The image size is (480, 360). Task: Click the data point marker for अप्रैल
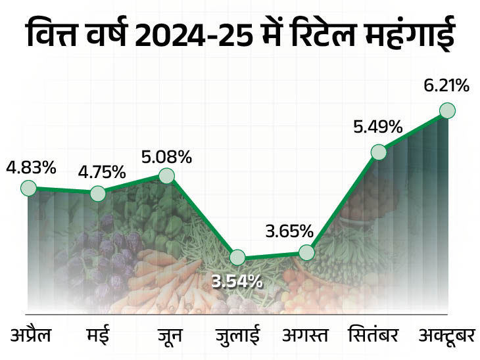pos(28,189)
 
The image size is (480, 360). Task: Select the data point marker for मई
pos(97,193)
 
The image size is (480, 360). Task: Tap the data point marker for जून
pos(167,176)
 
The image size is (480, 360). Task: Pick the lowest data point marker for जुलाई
pos(237,258)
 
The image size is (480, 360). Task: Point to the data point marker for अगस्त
pos(306,252)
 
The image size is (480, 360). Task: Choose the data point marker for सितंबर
pos(378,152)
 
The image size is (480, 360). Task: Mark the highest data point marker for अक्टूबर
pos(448,110)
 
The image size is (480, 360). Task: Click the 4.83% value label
pos(30,168)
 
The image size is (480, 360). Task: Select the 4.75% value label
pos(101,172)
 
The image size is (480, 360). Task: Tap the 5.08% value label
pos(167,157)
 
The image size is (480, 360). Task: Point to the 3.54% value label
pos(237,281)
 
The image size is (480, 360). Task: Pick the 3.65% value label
pos(289,231)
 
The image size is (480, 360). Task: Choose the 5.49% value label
pos(377,127)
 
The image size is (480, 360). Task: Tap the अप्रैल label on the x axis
pos(31,336)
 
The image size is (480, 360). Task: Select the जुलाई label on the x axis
pos(237,336)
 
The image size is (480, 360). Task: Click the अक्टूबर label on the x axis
pos(447,336)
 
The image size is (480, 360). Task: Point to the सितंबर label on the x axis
pos(373,336)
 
